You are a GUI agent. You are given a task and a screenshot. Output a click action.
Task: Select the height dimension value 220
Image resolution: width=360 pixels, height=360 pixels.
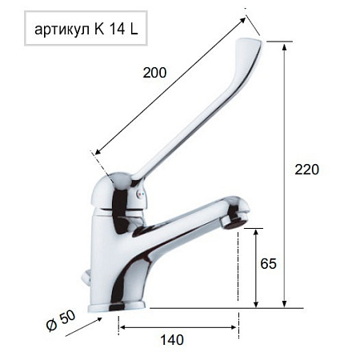306,170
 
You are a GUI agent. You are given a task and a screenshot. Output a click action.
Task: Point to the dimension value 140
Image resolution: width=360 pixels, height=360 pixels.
171,339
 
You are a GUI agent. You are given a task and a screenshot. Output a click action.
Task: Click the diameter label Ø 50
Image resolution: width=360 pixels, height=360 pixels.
62,321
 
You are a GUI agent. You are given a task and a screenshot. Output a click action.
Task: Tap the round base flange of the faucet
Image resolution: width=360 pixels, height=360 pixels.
120,305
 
